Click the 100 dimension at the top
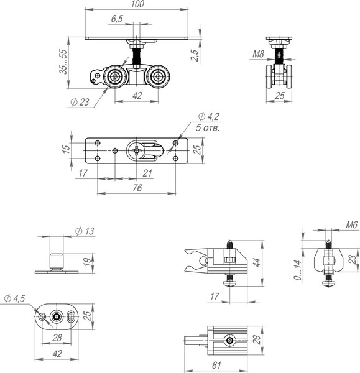(x=137, y=4)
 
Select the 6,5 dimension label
(x=117, y=19)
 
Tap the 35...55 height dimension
(x=63, y=62)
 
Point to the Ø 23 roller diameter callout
(x=80, y=103)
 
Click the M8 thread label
(x=258, y=54)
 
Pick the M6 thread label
(x=352, y=224)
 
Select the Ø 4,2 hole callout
(x=209, y=117)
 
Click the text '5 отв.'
(x=208, y=127)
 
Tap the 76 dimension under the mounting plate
(x=137, y=188)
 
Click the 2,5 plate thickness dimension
(x=195, y=55)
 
